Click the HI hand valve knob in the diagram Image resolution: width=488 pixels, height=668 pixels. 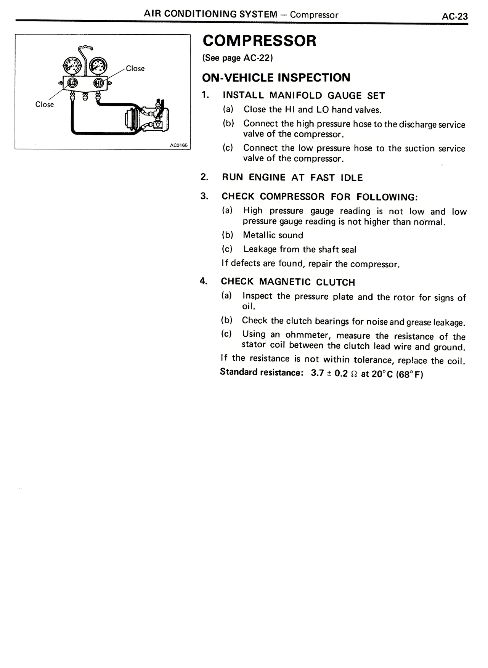click(x=98, y=82)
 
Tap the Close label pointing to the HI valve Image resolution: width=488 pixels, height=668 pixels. click(x=135, y=69)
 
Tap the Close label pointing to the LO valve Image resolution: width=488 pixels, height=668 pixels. click(x=44, y=104)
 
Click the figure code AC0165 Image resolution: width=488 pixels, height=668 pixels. click(x=178, y=145)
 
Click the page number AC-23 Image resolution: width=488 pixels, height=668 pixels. click(x=454, y=16)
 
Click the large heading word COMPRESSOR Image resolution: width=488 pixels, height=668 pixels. click(x=259, y=41)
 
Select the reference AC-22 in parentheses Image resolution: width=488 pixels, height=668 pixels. click(x=256, y=58)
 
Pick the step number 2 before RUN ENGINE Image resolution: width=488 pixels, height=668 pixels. click(x=204, y=177)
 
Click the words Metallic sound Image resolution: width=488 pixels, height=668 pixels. click(x=273, y=235)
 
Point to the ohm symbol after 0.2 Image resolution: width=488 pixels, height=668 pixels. click(x=354, y=374)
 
